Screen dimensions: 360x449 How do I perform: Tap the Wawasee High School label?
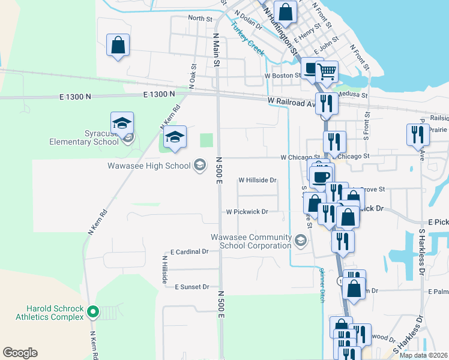coord(149,166)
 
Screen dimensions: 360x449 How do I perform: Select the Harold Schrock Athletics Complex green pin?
coord(92,311)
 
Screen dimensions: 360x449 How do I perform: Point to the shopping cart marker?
coord(327,72)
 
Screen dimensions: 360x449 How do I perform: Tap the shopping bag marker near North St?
coord(118,45)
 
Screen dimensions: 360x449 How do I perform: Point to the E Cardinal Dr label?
coord(189,252)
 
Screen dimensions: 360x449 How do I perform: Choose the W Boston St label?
coord(282,76)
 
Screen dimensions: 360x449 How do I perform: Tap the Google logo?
coord(20,352)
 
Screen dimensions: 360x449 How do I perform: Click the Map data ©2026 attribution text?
coord(423,355)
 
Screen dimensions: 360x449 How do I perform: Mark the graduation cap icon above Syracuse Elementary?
coord(122,124)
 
